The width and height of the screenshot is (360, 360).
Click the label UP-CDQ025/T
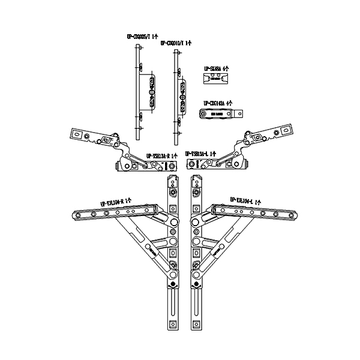tap(142, 36)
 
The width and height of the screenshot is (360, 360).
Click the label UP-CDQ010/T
tap(176, 43)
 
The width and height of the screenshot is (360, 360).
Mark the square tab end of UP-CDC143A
tap(241, 113)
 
